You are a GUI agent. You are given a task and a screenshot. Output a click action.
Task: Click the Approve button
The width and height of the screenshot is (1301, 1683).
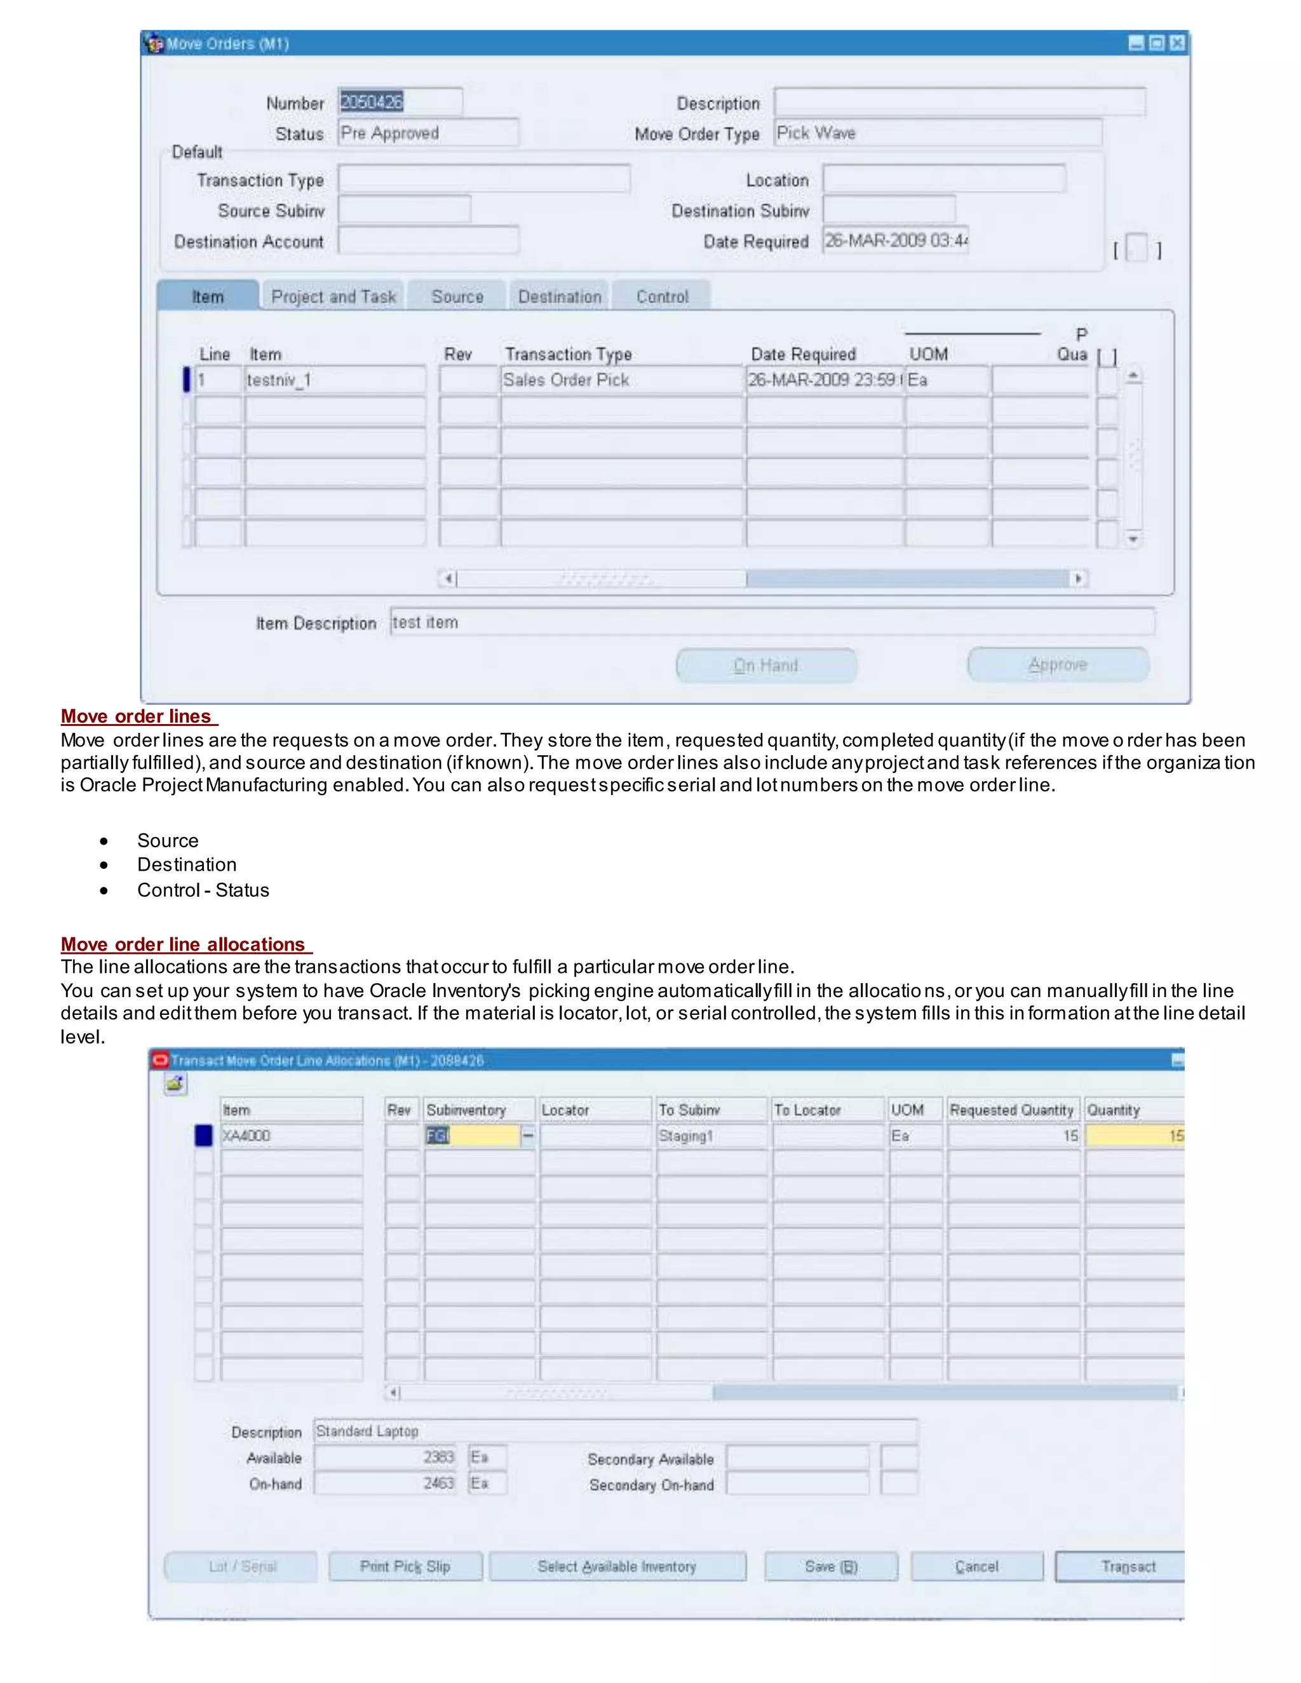coord(1058,665)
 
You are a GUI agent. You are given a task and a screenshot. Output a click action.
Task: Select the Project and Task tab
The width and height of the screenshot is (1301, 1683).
coord(333,297)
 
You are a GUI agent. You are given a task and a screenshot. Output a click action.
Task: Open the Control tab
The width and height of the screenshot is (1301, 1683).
coord(662,297)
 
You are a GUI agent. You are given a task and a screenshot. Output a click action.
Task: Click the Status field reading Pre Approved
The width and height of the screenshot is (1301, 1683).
coord(427,133)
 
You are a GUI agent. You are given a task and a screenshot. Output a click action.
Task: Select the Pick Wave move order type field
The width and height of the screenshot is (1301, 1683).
coord(936,133)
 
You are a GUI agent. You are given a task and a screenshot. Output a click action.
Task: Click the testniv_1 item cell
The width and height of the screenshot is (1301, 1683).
coord(335,380)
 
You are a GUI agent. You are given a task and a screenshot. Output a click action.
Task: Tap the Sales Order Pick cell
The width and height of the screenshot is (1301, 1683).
coord(621,380)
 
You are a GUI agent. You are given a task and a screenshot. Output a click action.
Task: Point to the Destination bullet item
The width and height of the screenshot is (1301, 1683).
coord(187,864)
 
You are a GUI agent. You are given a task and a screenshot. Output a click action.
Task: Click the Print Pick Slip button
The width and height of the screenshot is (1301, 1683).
coord(405,1567)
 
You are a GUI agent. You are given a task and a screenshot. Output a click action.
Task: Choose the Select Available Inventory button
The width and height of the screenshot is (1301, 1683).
coord(617,1567)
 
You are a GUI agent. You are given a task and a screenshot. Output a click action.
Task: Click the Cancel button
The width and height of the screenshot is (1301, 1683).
coord(976,1567)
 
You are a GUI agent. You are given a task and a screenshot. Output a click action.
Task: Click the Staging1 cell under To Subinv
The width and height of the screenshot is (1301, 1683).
coord(711,1136)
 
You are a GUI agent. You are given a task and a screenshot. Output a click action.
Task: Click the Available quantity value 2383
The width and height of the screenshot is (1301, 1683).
coord(386,1457)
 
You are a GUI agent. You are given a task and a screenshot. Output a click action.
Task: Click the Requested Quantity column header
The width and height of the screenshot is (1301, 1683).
coord(1011,1110)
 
